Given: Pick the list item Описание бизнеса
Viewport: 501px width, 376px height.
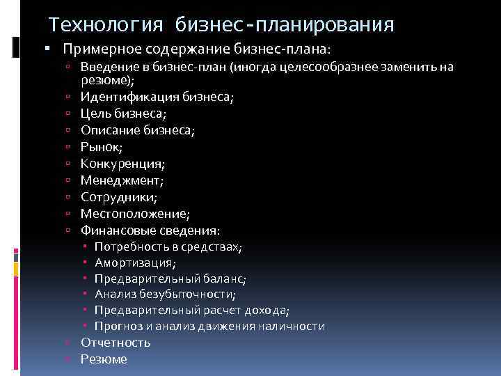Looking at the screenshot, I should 136,130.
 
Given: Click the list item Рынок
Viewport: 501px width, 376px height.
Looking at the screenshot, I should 102,146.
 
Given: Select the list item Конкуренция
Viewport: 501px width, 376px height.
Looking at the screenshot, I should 122,164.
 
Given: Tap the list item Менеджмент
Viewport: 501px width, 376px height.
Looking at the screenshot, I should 122,180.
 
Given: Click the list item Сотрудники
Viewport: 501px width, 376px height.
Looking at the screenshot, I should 119,197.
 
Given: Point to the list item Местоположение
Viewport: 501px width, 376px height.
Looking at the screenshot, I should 135,214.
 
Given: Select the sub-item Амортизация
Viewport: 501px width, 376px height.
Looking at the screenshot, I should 135,263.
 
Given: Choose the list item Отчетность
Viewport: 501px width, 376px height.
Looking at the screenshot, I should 116,343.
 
